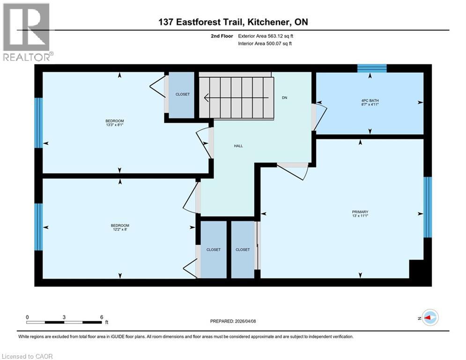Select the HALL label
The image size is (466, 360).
coord(238,146)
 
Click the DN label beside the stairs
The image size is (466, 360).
coord(284,98)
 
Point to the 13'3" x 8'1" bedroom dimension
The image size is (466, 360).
coord(115,125)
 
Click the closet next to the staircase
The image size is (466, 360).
coord(182,94)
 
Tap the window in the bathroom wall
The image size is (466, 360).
coord(372,68)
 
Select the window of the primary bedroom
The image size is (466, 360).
coord(427,207)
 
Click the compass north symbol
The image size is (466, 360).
coord(429,318)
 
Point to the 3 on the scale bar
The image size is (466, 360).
coord(64,317)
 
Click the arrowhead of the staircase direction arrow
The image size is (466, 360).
coord(206,98)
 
